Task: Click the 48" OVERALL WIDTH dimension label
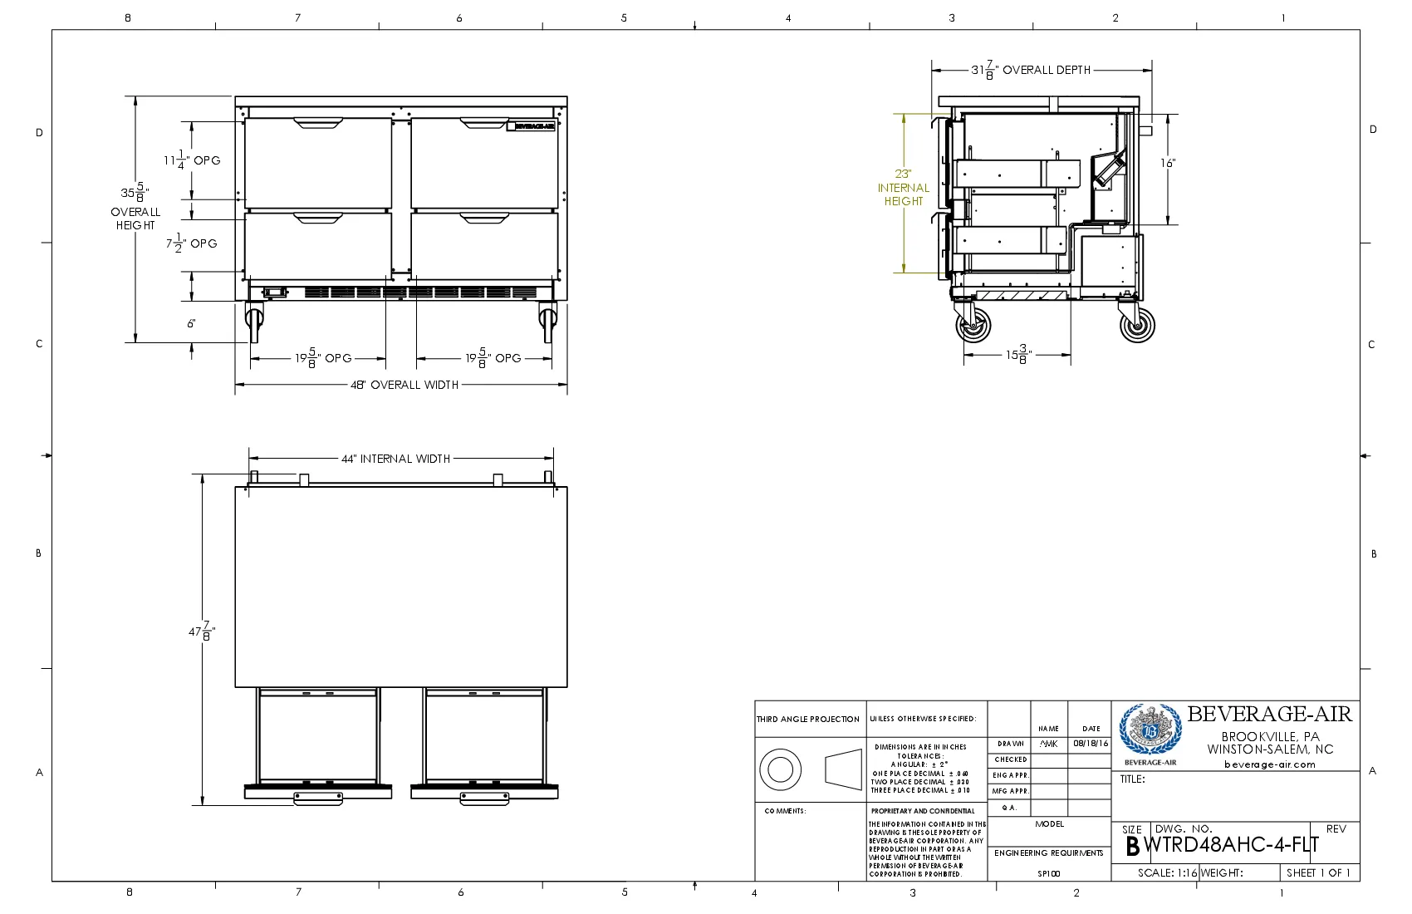[404, 385]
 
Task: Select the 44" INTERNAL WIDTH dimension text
[395, 459]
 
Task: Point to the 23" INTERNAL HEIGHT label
[904, 188]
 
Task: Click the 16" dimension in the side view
[1168, 163]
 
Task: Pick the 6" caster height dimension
[191, 323]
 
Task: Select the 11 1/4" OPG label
[192, 160]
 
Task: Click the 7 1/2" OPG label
[191, 244]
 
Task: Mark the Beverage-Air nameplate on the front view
[532, 126]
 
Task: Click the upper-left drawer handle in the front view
[318, 124]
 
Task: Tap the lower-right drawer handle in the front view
[484, 219]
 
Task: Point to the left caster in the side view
[973, 324]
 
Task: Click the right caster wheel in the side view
[1137, 324]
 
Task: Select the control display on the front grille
[275, 292]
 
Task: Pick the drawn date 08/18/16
[1090, 744]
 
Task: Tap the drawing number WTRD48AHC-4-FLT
[1232, 846]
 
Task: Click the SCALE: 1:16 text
[1167, 873]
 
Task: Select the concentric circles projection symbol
[780, 769]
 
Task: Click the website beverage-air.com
[1269, 764]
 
